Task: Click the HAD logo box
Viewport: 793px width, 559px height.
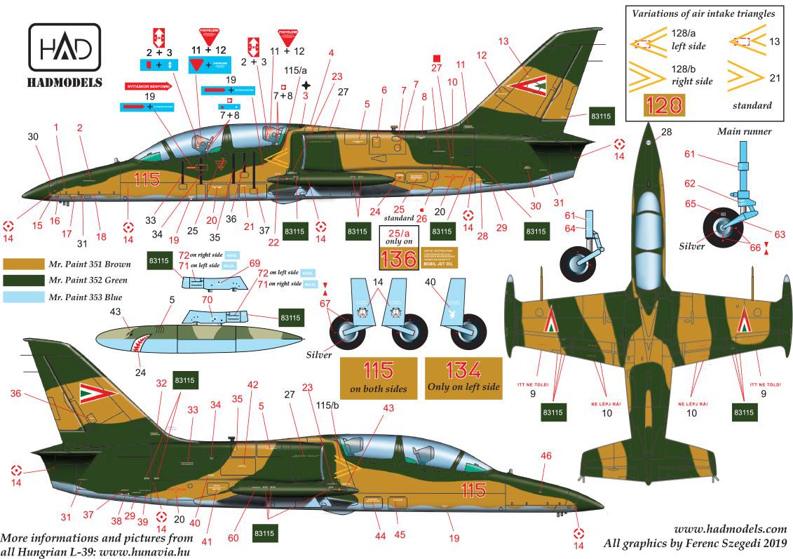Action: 65,50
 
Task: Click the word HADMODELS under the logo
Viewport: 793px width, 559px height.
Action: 65,83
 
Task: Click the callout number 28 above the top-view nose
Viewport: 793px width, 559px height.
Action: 665,132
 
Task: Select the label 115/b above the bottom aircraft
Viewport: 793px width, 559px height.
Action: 327,406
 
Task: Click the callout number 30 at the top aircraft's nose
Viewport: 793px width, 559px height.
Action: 34,137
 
